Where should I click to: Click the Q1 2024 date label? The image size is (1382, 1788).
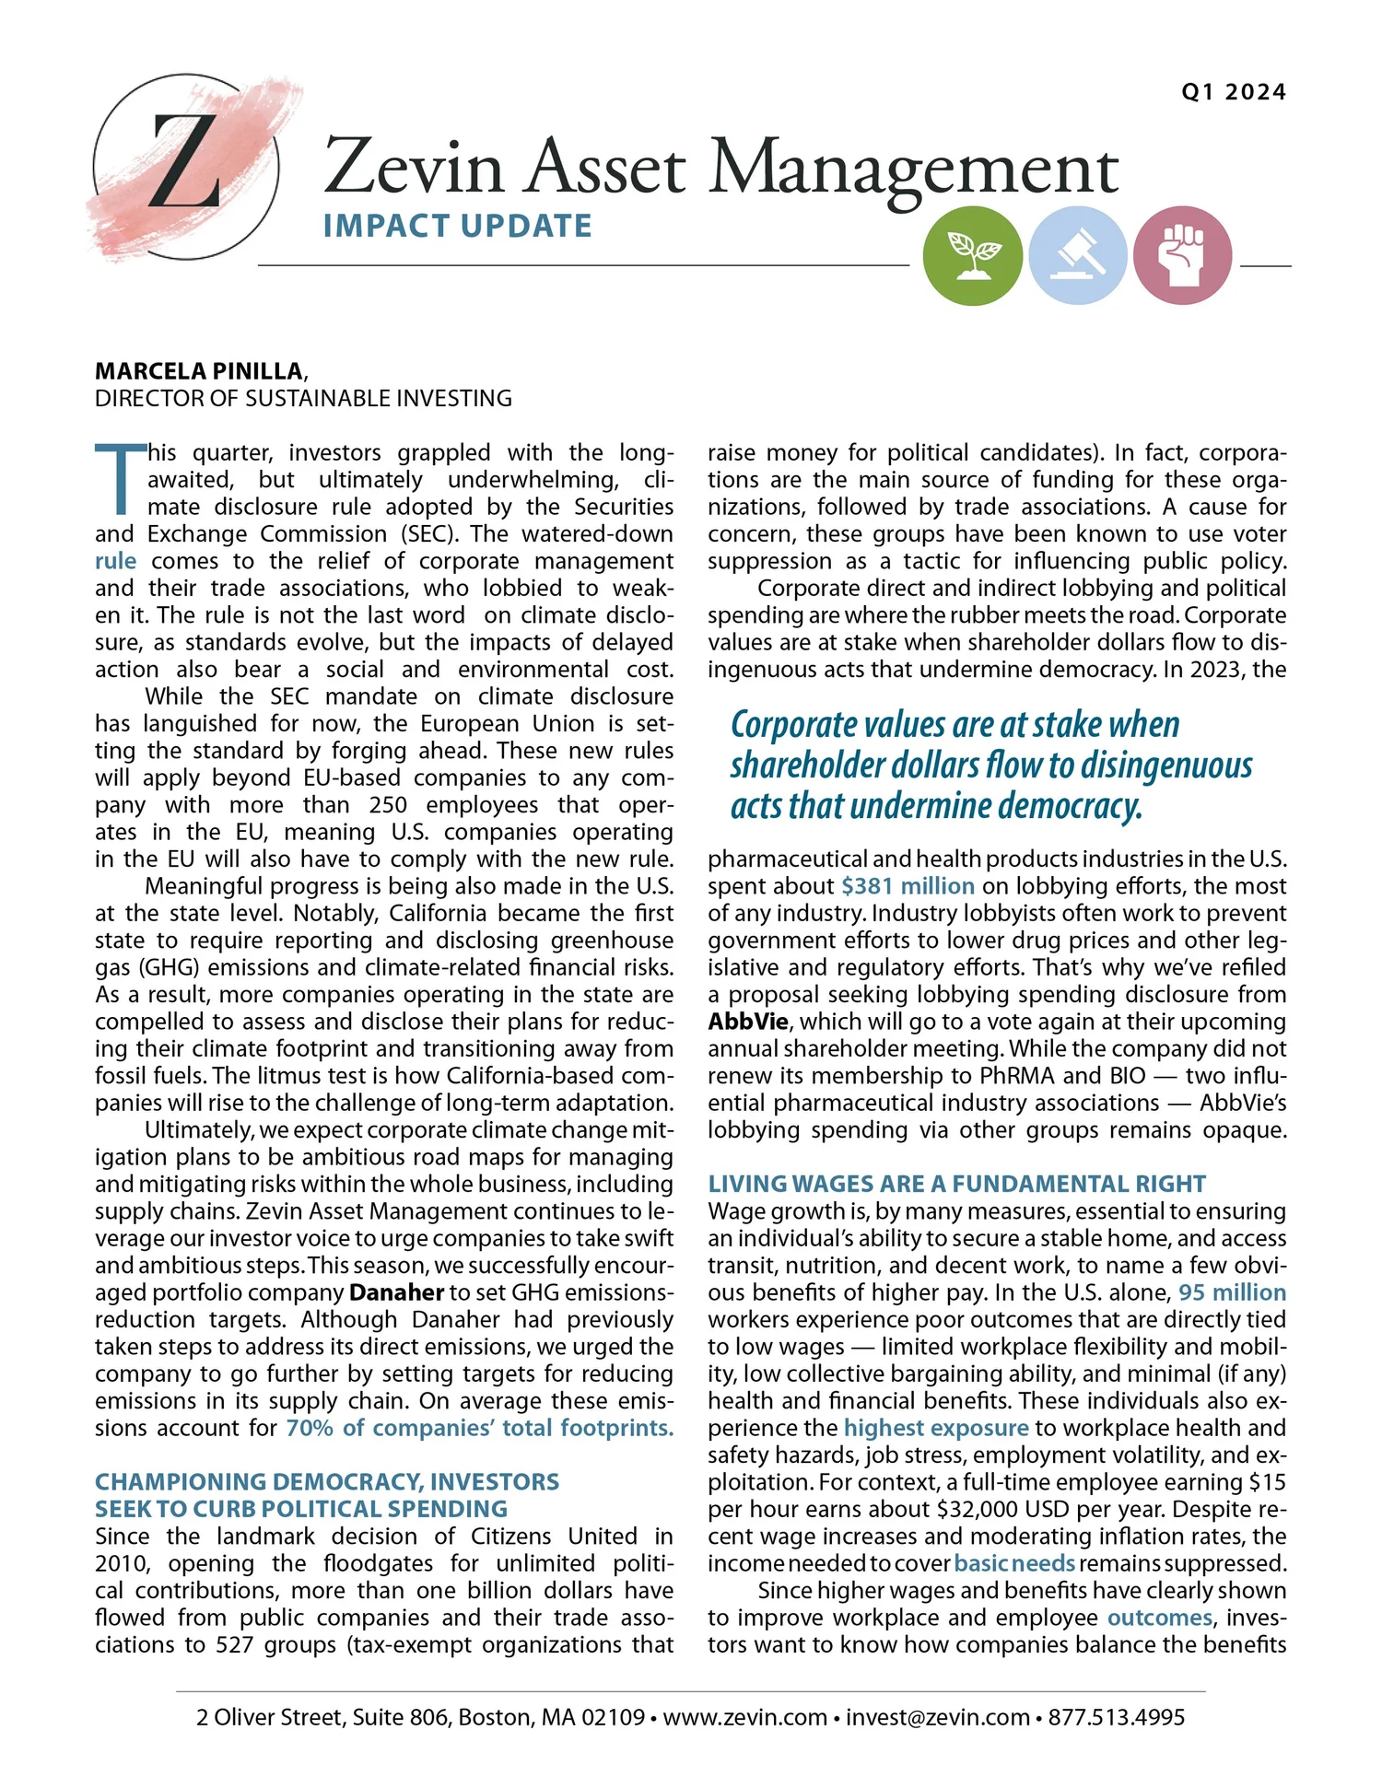1233,92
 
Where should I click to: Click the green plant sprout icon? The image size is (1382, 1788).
972,255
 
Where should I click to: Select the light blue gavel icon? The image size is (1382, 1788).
1077,255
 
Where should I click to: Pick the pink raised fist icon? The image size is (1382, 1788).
1182,255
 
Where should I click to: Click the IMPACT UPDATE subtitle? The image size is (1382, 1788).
457,227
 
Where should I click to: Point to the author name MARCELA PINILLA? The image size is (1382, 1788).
199,371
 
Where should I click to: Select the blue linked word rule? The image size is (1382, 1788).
115,561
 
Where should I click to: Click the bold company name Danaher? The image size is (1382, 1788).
396,1292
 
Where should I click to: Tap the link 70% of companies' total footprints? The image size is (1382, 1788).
479,1428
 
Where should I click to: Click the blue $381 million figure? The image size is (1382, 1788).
908,886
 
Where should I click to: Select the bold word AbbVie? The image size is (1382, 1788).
747,1022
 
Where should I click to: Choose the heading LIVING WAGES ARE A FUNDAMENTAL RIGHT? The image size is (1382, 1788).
956,1184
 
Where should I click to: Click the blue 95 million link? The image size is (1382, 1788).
1232,1292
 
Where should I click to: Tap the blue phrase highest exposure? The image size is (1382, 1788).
935,1428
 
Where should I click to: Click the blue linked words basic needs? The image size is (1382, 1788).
1014,1563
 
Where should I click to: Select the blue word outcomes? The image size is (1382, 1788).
1159,1618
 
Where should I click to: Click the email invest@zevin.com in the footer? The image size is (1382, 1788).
937,1717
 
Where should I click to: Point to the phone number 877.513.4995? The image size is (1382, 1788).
1116,1717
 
